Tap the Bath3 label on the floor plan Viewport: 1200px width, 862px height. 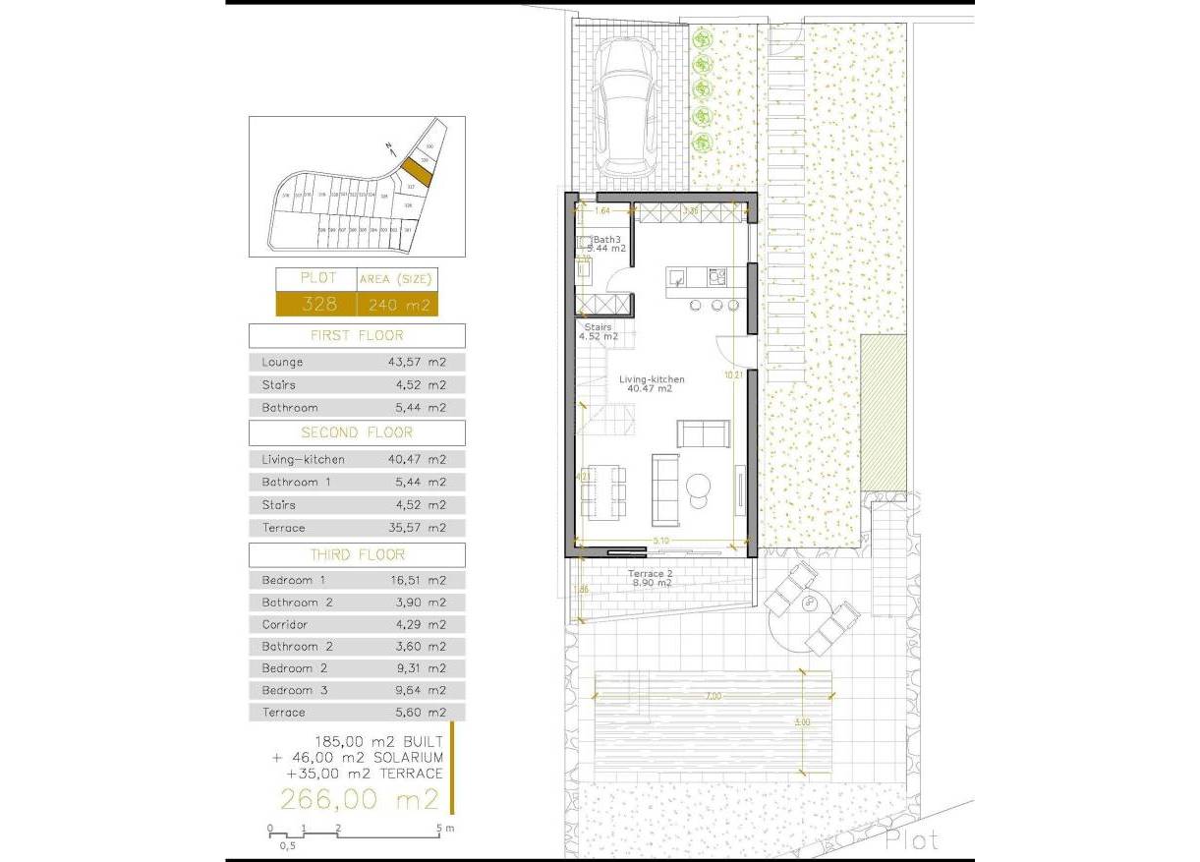click(x=606, y=239)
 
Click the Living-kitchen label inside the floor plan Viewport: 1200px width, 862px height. click(x=652, y=378)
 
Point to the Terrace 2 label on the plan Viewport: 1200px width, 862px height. click(x=651, y=573)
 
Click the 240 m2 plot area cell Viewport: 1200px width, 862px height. click(x=398, y=305)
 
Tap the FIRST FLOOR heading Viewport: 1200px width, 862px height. click(x=357, y=335)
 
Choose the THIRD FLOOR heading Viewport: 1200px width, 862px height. click(x=357, y=555)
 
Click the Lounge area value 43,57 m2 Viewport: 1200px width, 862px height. click(x=417, y=362)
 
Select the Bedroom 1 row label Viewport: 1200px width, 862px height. click(x=287, y=580)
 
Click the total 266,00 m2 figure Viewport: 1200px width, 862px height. click(x=360, y=800)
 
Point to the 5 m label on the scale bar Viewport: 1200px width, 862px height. click(x=441, y=829)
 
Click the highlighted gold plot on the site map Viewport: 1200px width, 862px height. click(x=417, y=174)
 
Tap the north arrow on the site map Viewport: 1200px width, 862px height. click(x=390, y=149)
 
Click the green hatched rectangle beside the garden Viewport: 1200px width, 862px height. click(x=883, y=412)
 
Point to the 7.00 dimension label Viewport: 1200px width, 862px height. click(x=713, y=696)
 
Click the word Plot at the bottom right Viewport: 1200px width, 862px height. click(x=911, y=840)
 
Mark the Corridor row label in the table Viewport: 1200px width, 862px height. click(x=285, y=624)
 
